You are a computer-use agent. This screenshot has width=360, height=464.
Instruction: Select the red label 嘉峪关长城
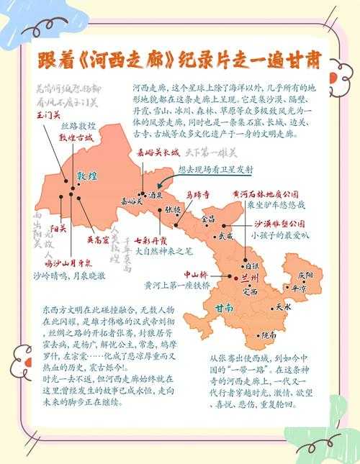pyautogui.click(x=157, y=153)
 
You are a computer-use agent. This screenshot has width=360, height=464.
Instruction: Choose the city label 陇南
pyautogui.click(x=270, y=335)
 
